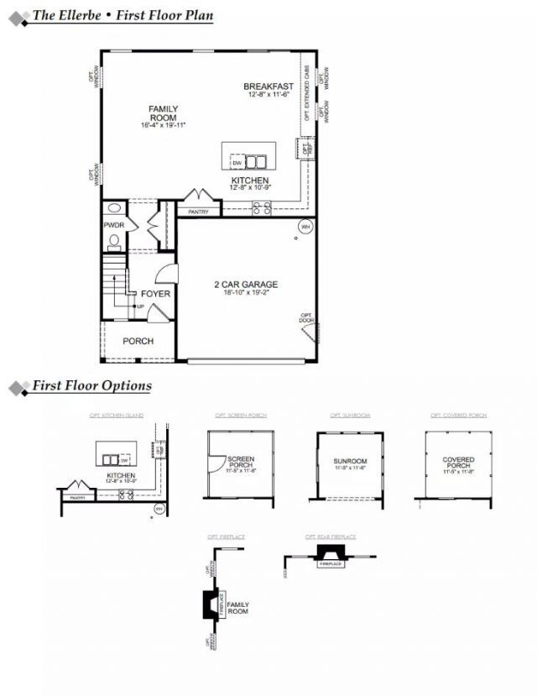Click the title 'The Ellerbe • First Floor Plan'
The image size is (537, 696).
pos(123,15)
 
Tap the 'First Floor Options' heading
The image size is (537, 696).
pos(91,386)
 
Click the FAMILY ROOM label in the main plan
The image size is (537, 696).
pos(163,113)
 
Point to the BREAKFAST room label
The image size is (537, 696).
pos(268,86)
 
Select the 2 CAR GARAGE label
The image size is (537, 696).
pos(245,285)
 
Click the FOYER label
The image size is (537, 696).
pos(155,294)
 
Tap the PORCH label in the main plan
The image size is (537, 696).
pos(138,341)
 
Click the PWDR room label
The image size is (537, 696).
pos(113,226)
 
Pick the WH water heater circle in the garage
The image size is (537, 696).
pos(305,226)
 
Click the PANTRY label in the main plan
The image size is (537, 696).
pos(198,212)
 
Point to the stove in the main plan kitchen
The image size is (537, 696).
pos(261,207)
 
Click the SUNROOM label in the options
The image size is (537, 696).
pos(350,461)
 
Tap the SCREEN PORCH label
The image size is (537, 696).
pos(241,463)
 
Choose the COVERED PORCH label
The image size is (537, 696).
pos(458,463)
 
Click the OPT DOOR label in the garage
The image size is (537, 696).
pos(307,319)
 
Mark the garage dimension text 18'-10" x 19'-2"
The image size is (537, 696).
pos(245,293)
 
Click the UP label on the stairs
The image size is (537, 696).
pos(140,306)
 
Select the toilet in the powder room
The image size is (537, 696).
pos(115,242)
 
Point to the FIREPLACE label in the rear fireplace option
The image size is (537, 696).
pos(330,564)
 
